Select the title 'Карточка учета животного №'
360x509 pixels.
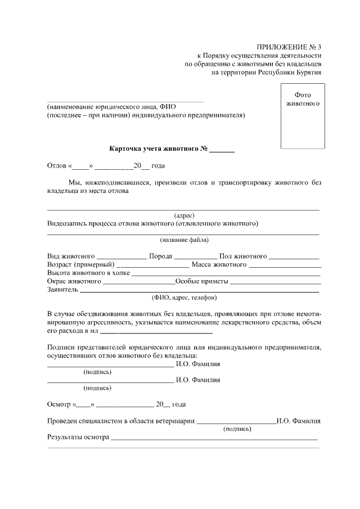pyautogui.click(x=159, y=150)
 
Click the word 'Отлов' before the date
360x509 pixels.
pyautogui.click(x=57, y=166)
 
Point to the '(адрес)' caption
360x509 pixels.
pyautogui.click(x=184, y=215)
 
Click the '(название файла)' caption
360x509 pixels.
pyautogui.click(x=184, y=240)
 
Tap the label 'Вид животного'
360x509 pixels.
pyautogui.click(x=71, y=256)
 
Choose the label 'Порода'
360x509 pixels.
pyautogui.click(x=160, y=256)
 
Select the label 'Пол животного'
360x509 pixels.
pyautogui.click(x=243, y=256)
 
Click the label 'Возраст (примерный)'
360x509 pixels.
pyautogui.click(x=80, y=264)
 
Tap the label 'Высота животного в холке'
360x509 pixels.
pyautogui.click(x=88, y=273)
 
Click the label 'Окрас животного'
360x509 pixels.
pyautogui.click(x=74, y=281)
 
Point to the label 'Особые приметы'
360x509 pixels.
pyautogui.click(x=202, y=281)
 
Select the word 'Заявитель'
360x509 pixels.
pyautogui.click(x=62, y=290)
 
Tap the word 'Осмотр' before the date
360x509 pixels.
pyautogui.click(x=58, y=404)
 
